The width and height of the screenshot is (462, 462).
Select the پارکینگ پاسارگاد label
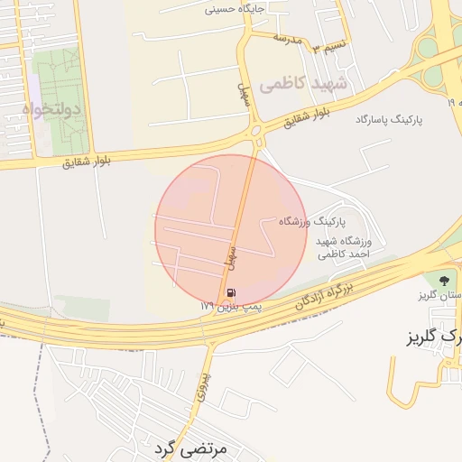point(390,119)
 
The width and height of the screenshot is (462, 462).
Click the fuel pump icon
point(233,292)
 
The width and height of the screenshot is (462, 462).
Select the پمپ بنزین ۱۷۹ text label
point(230,308)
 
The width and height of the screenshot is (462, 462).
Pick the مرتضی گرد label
point(187,447)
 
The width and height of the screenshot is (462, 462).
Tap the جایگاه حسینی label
point(236,10)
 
